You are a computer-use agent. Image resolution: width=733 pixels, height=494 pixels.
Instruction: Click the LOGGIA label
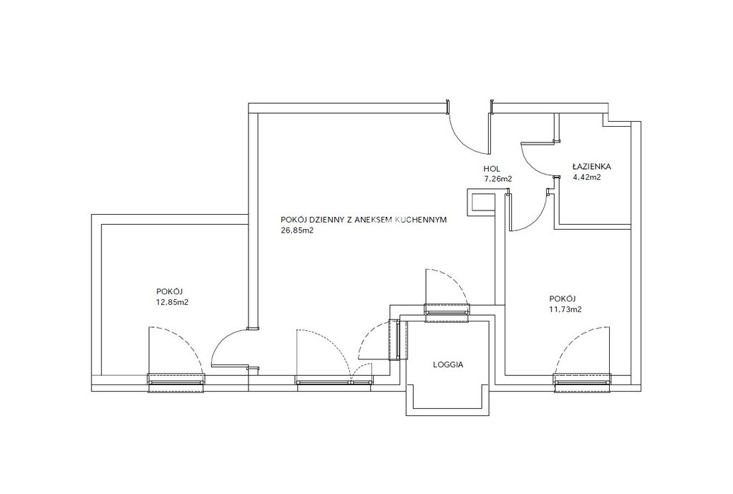pos(448,364)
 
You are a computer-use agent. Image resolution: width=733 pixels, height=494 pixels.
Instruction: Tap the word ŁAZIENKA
pos(591,166)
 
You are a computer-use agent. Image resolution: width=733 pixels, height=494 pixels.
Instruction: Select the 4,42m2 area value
pos(586,177)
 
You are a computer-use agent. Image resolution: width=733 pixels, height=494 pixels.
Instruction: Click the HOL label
pos(492,169)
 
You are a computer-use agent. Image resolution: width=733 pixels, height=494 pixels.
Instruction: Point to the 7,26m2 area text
pos(498,178)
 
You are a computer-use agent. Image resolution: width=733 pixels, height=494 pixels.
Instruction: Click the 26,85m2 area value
pos(297,230)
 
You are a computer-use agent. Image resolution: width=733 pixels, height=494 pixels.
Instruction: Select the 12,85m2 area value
pos(172,302)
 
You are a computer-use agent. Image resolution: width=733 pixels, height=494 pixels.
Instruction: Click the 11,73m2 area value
pos(565,309)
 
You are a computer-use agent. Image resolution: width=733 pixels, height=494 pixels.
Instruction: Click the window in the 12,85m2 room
pos(176,382)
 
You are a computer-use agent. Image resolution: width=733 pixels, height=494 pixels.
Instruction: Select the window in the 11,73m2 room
pos(582,382)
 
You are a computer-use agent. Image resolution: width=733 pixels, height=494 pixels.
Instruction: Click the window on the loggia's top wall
pos(447,313)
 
